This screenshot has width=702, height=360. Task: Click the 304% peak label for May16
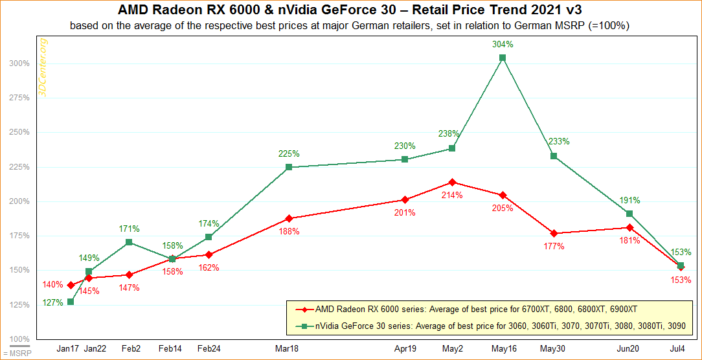(503, 45)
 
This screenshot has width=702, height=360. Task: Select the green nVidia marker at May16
(503, 58)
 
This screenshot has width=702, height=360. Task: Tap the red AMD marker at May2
(452, 182)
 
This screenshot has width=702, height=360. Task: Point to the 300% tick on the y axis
(19, 63)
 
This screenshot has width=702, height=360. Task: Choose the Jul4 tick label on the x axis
(677, 349)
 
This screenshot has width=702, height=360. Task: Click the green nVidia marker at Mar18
(289, 167)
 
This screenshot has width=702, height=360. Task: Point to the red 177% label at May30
(554, 246)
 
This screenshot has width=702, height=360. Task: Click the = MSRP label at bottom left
(12, 354)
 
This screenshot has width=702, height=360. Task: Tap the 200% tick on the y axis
(19, 201)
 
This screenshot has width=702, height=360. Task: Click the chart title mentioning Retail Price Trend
(350, 10)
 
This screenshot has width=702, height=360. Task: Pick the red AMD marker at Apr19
(405, 199)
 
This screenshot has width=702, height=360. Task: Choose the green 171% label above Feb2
(130, 229)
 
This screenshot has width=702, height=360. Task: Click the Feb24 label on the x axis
(209, 349)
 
